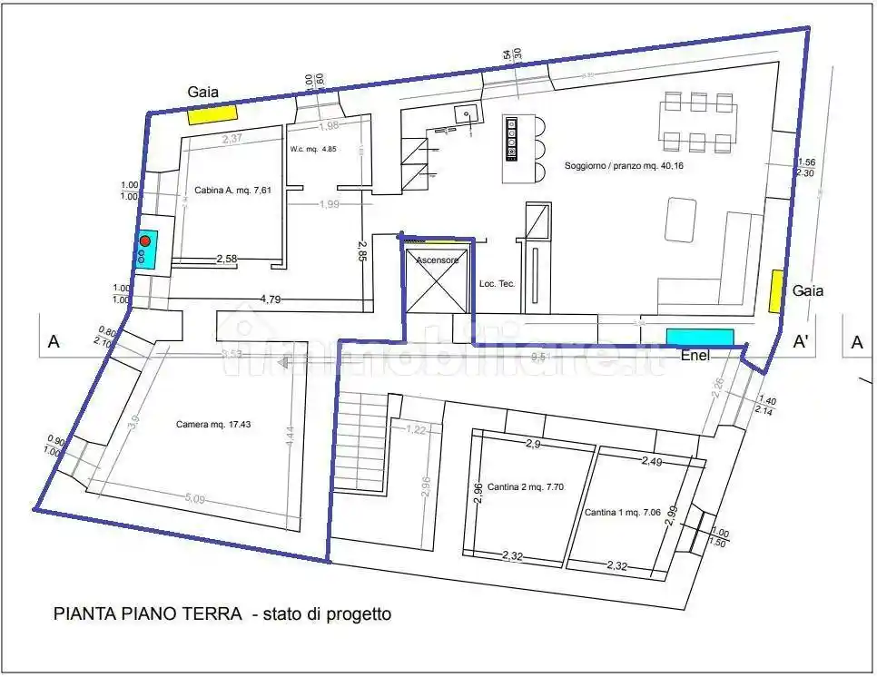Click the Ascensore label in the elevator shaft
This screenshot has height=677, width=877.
point(438,260)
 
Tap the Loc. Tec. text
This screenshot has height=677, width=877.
point(497,284)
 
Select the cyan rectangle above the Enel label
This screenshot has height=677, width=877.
point(700,337)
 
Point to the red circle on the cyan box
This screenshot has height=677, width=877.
point(144,241)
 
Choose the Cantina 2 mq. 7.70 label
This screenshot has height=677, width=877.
point(526,486)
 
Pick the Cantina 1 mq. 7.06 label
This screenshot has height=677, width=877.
point(624,511)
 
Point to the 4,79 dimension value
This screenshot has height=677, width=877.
point(270,298)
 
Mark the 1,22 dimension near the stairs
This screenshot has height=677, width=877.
point(416,429)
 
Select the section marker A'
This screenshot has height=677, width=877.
point(802,342)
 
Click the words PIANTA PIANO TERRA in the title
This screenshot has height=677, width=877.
point(147,614)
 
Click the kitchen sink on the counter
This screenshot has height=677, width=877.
point(468,113)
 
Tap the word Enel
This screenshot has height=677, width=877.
point(695,356)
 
